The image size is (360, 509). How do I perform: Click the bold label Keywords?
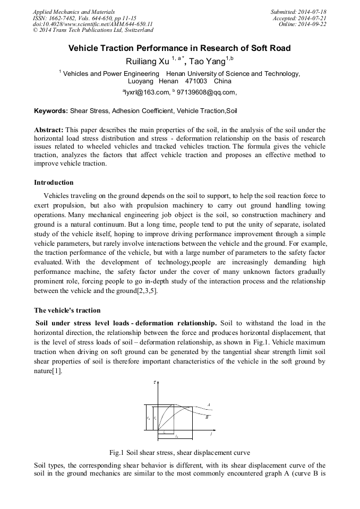point(51,111)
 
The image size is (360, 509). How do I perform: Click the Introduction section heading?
point(54,183)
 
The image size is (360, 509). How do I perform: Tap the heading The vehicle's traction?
point(67,310)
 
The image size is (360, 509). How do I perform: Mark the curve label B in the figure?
point(207,417)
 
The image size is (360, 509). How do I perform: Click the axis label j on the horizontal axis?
point(211,434)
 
